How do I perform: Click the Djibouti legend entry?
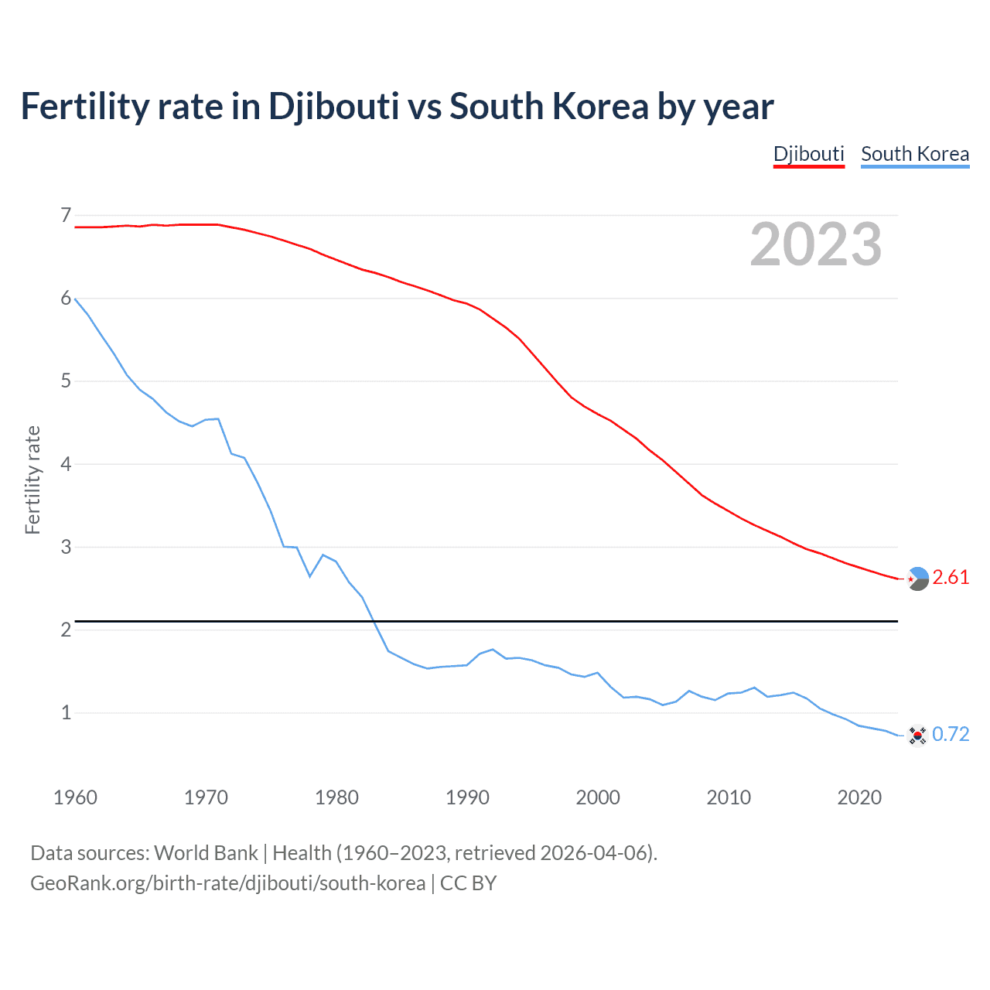click(x=808, y=154)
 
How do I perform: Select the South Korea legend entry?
click(x=915, y=154)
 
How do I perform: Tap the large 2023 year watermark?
click(x=815, y=244)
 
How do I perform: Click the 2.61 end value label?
click(x=951, y=578)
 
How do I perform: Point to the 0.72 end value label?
click(x=951, y=734)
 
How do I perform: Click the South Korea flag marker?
click(x=917, y=735)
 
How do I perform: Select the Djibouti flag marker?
click(x=917, y=579)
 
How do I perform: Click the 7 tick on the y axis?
click(x=66, y=215)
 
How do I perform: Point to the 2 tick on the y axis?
click(x=66, y=630)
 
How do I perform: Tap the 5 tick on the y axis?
click(x=66, y=381)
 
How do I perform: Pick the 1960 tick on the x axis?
click(x=75, y=797)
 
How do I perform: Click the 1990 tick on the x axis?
click(x=467, y=797)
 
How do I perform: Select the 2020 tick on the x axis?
click(x=859, y=797)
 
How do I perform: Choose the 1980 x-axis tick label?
click(x=336, y=797)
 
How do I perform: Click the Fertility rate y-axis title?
click(x=32, y=480)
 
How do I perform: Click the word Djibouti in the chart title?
click(x=333, y=107)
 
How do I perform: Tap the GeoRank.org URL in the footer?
click(x=227, y=883)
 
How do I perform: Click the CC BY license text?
click(x=468, y=883)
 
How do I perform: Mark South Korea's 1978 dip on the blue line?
click(x=310, y=576)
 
